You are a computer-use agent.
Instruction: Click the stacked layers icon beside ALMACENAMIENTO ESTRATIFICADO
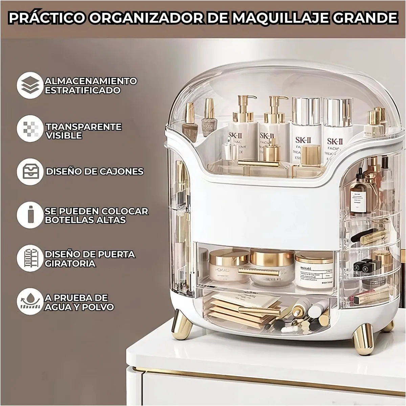(x=30, y=85)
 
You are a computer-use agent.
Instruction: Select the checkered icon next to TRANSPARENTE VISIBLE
(x=30, y=129)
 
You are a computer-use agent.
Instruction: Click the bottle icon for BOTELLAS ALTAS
(x=30, y=215)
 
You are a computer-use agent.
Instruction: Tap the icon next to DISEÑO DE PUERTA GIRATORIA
(x=30, y=258)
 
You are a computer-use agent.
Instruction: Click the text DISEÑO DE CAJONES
(x=95, y=172)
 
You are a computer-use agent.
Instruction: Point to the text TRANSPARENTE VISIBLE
(x=84, y=131)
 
